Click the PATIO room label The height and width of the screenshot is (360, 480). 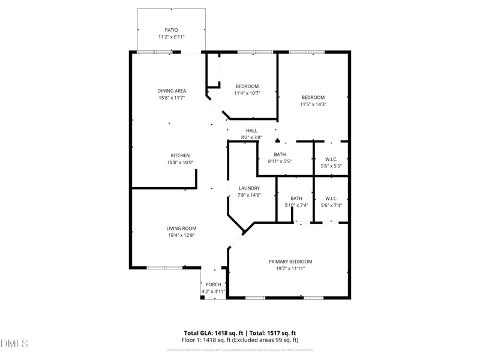coord(172,30)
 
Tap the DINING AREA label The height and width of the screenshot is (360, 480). coord(172,91)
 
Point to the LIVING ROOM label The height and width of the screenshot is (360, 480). coord(181,228)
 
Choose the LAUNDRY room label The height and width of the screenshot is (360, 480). coord(248,188)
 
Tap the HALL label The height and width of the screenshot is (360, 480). coord(251,131)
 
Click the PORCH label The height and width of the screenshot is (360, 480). coord(213,284)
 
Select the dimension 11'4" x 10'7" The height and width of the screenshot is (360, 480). coord(247,93)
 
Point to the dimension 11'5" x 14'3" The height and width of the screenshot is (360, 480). coord(313,104)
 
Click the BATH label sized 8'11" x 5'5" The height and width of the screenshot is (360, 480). coord(280,154)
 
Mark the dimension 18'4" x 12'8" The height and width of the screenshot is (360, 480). coord(181,235)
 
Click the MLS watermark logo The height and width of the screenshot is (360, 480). coord(14,344)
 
